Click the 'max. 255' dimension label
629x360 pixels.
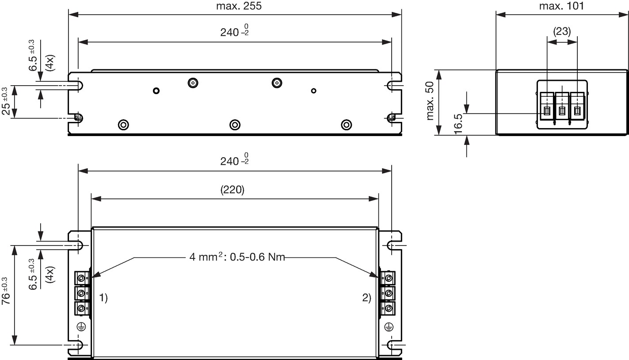[239, 6]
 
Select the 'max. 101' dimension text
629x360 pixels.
[561, 6]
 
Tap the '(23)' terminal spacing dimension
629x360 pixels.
[562, 31]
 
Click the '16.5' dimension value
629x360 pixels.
[458, 124]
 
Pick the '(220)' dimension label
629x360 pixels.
[232, 190]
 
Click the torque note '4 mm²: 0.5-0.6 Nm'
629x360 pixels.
[237, 257]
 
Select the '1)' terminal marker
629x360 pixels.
[103, 297]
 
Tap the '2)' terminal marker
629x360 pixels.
[366, 297]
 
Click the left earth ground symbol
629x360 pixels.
[81, 326]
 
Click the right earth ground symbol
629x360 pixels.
[389, 326]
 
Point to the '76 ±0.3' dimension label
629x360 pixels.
[6, 291]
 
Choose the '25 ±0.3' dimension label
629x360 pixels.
[6, 101]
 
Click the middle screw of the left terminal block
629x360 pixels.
[81, 293]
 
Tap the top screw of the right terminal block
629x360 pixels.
[389, 278]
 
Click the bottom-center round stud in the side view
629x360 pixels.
[235, 125]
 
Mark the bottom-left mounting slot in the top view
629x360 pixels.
[78, 345]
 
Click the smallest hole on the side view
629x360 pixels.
[314, 91]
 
